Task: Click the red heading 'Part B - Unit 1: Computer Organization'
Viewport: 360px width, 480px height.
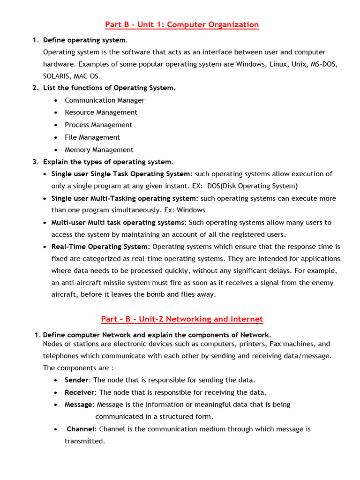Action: tap(182, 25)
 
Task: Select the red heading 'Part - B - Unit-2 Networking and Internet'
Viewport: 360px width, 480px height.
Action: tap(182, 319)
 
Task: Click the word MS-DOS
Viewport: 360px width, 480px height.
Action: tap(324, 64)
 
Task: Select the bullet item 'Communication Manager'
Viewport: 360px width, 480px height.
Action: tap(105, 100)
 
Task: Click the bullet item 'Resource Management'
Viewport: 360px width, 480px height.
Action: tap(101, 112)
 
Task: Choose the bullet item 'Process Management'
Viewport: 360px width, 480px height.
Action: tap(98, 125)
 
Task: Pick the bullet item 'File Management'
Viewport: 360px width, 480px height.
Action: tap(92, 137)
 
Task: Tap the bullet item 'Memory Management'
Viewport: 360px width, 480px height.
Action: tap(99, 150)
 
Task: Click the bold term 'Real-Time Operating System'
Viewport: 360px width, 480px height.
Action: tap(100, 247)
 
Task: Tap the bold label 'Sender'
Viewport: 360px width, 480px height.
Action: tap(76, 380)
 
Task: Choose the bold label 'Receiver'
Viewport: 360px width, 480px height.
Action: tap(80, 392)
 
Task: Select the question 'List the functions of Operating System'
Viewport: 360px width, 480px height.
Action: tap(108, 88)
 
